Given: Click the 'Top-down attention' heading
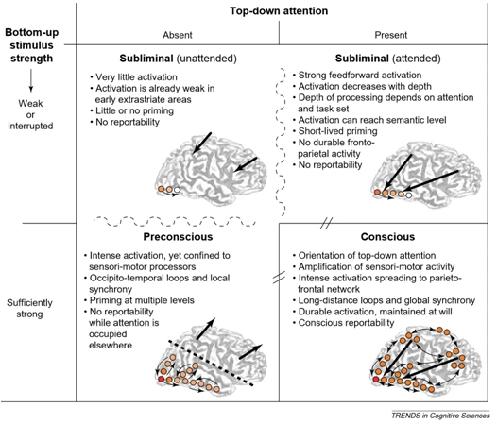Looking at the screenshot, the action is click(279, 11).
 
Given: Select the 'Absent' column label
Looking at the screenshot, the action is click(178, 35).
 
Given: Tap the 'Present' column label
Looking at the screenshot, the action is click(391, 35).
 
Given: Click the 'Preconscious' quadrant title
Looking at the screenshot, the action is click(178, 237).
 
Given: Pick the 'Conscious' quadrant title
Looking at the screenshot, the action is click(387, 237).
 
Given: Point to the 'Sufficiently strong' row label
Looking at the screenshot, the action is click(30, 309).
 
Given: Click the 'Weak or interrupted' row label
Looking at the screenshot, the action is click(30, 114).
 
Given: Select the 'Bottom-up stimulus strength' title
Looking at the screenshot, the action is click(32, 45).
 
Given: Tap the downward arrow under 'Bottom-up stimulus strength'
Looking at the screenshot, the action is click(31, 80).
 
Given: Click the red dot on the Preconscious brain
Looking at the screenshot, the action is click(161, 379).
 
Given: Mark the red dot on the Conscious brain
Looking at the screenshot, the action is click(376, 380).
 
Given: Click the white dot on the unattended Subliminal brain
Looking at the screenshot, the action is click(178, 190).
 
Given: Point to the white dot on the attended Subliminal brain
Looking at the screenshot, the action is click(409, 195).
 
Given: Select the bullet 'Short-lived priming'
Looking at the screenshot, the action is click(335, 131).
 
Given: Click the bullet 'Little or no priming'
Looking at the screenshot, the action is click(132, 110).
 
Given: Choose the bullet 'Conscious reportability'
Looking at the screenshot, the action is click(344, 323).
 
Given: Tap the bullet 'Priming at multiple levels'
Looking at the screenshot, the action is click(139, 300).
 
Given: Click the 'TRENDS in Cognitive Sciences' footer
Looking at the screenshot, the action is click(440, 416).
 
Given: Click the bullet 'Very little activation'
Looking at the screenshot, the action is click(134, 77).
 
